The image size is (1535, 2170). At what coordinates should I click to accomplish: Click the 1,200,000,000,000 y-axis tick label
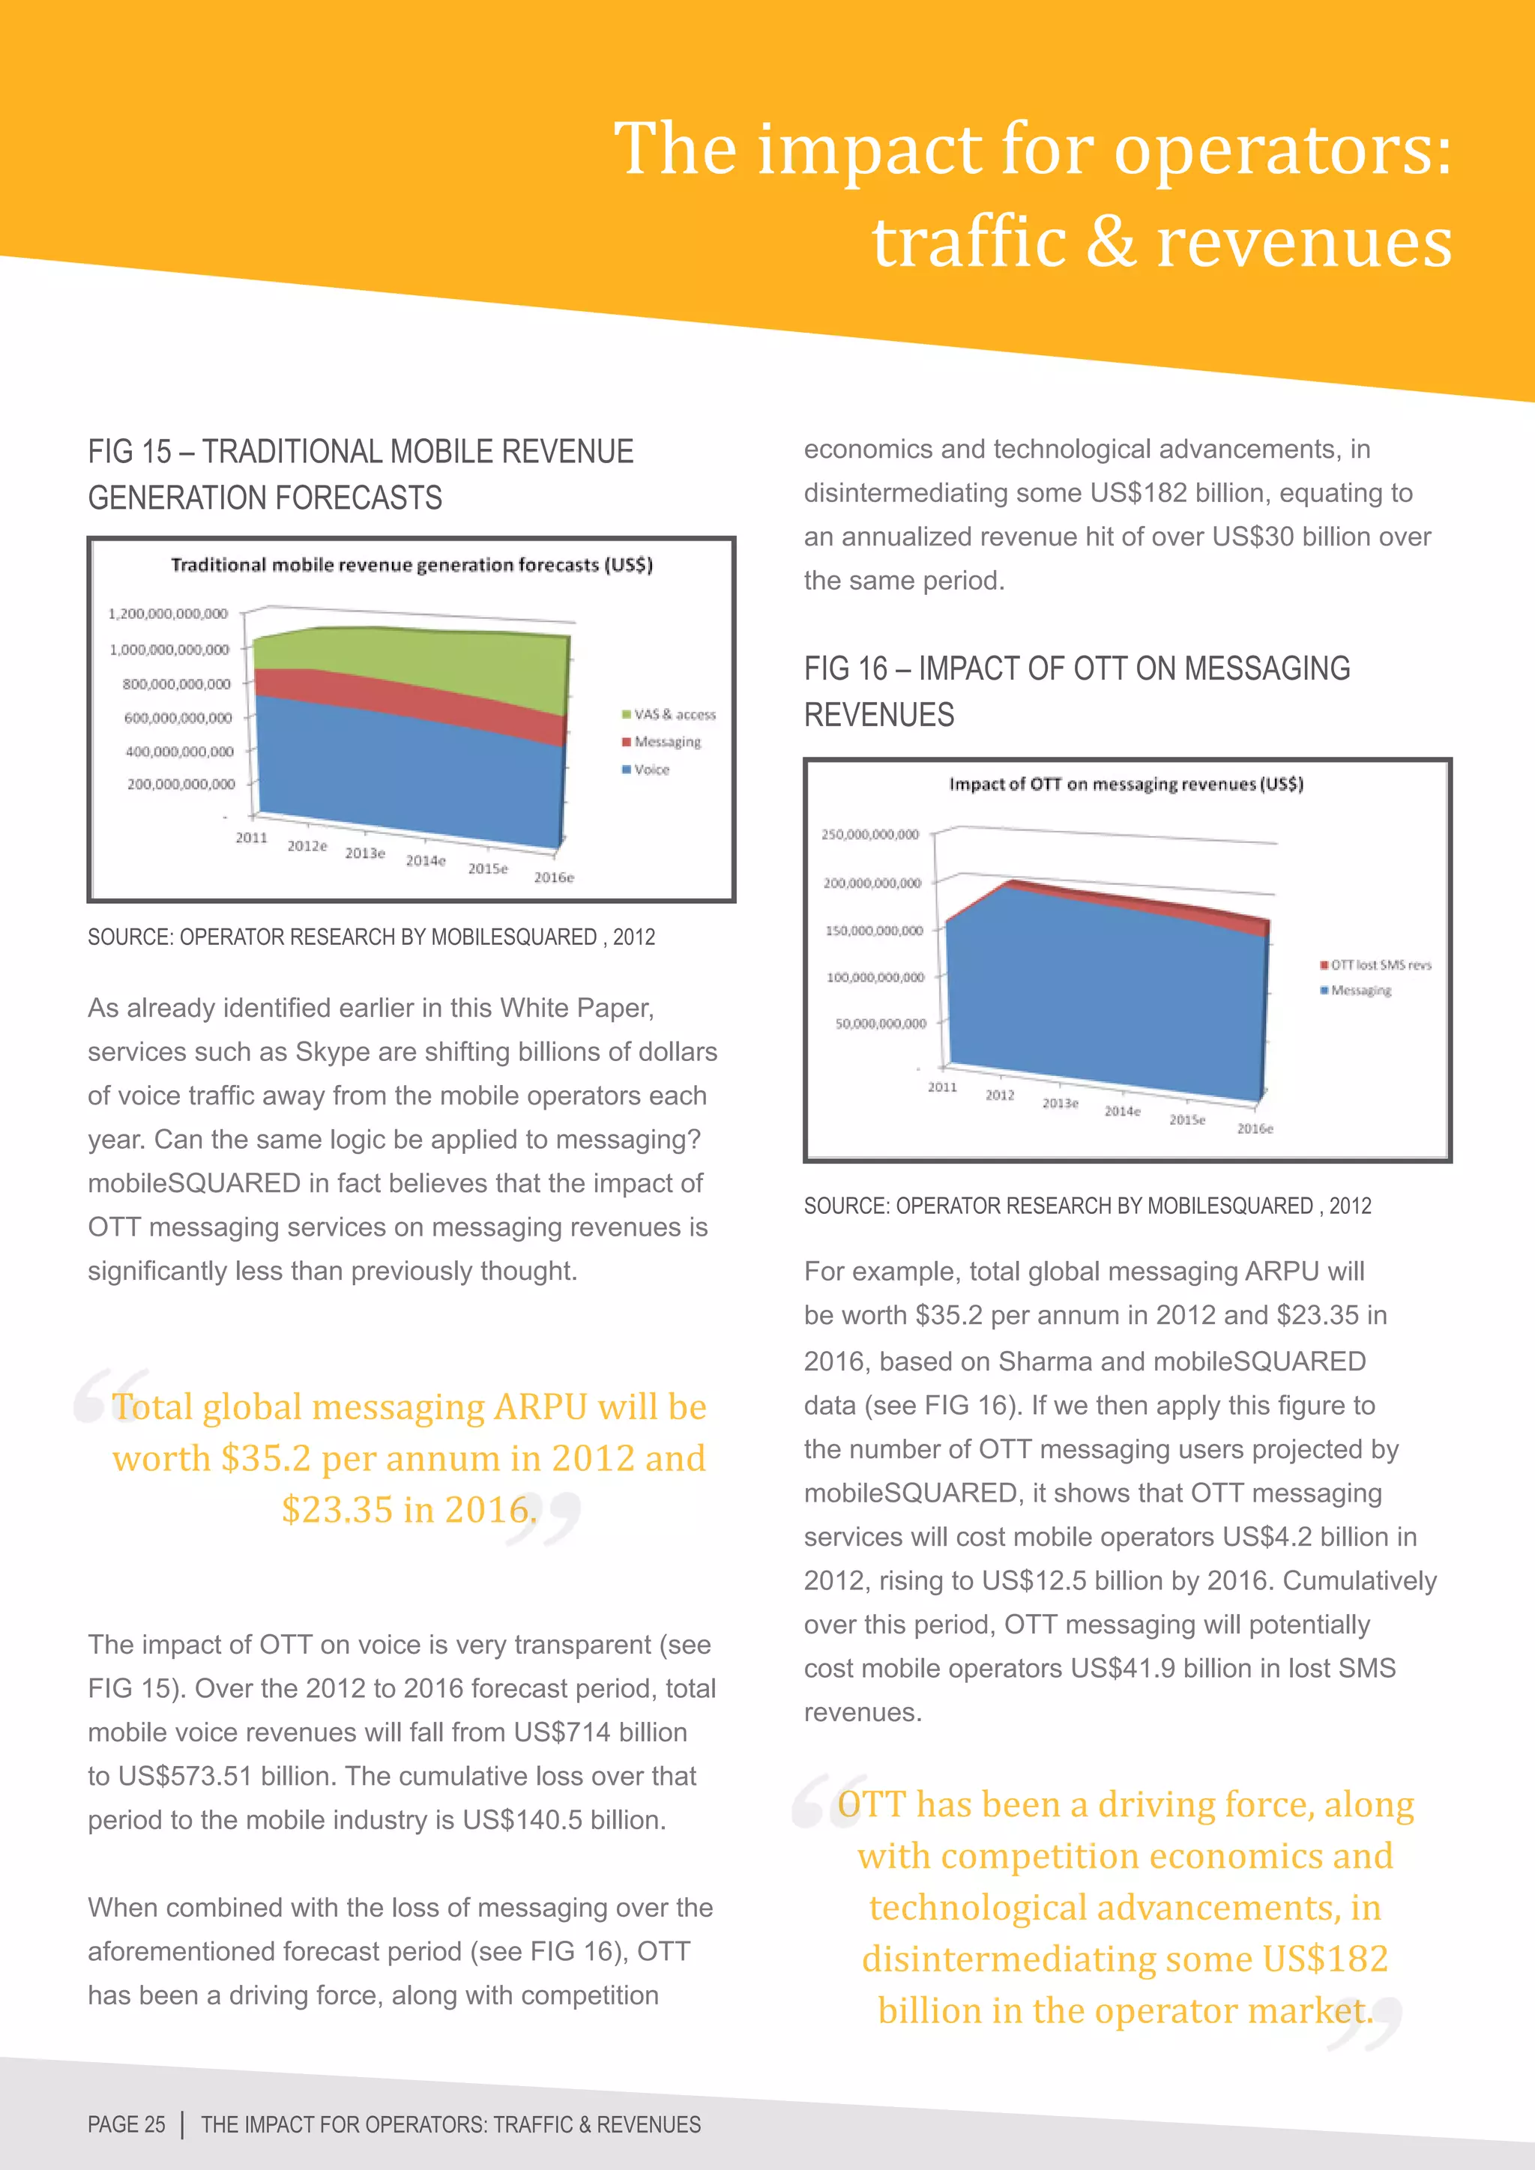[168, 614]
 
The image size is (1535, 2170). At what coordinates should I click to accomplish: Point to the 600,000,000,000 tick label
[178, 719]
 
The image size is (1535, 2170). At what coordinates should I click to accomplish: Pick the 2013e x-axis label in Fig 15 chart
[365, 853]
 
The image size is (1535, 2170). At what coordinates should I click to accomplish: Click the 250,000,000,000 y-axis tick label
[869, 835]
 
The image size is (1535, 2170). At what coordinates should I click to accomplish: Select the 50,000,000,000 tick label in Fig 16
[881, 1024]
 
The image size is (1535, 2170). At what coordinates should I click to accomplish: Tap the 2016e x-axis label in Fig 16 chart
[1255, 1128]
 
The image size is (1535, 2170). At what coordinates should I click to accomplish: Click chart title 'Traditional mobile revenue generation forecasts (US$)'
[411, 565]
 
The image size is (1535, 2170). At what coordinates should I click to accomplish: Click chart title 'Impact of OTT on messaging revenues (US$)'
[1126, 784]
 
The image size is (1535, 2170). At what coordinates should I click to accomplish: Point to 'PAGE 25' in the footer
[127, 2124]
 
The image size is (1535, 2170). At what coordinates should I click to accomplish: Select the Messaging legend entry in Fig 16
[1360, 991]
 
